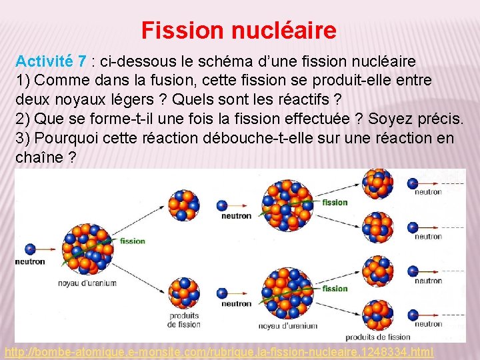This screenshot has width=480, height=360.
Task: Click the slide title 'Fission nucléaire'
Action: pyautogui.click(x=239, y=30)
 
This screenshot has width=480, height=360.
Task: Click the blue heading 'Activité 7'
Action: pyautogui.click(x=51, y=61)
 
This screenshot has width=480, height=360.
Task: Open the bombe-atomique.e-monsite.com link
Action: pyautogui.click(x=219, y=351)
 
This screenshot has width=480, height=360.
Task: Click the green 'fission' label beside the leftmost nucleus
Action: pyautogui.click(x=133, y=241)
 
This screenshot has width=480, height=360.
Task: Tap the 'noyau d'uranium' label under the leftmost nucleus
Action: pyautogui.click(x=87, y=283)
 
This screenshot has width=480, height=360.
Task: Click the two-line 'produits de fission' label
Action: pyautogui.click(x=184, y=320)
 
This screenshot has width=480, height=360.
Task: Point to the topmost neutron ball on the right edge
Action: pyautogui.click(x=413, y=183)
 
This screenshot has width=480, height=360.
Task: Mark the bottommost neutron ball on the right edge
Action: pyautogui.click(x=413, y=315)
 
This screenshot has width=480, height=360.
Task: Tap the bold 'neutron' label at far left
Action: pyautogui.click(x=29, y=261)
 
